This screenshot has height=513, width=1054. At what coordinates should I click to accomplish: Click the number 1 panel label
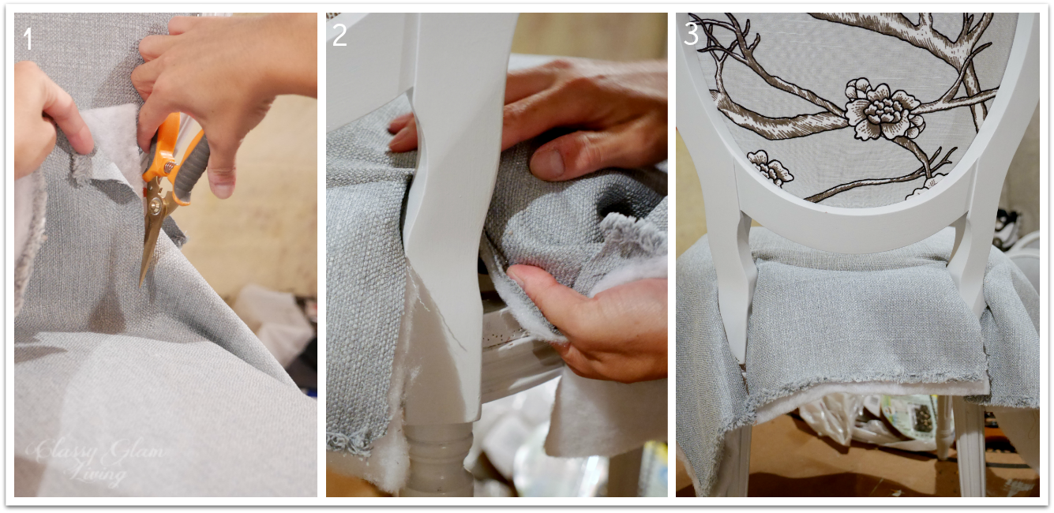click(x=28, y=38)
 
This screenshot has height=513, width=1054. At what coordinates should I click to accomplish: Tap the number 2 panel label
click(x=339, y=36)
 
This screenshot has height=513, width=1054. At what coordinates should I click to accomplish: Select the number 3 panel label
click(x=692, y=36)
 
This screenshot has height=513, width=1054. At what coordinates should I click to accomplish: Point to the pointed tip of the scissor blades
click(x=143, y=284)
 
